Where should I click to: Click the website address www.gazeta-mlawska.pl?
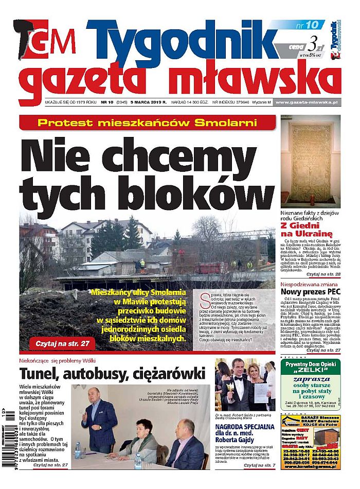click(305, 102)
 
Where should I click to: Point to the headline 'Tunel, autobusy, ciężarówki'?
click(112, 374)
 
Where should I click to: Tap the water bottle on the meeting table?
click(78, 450)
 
